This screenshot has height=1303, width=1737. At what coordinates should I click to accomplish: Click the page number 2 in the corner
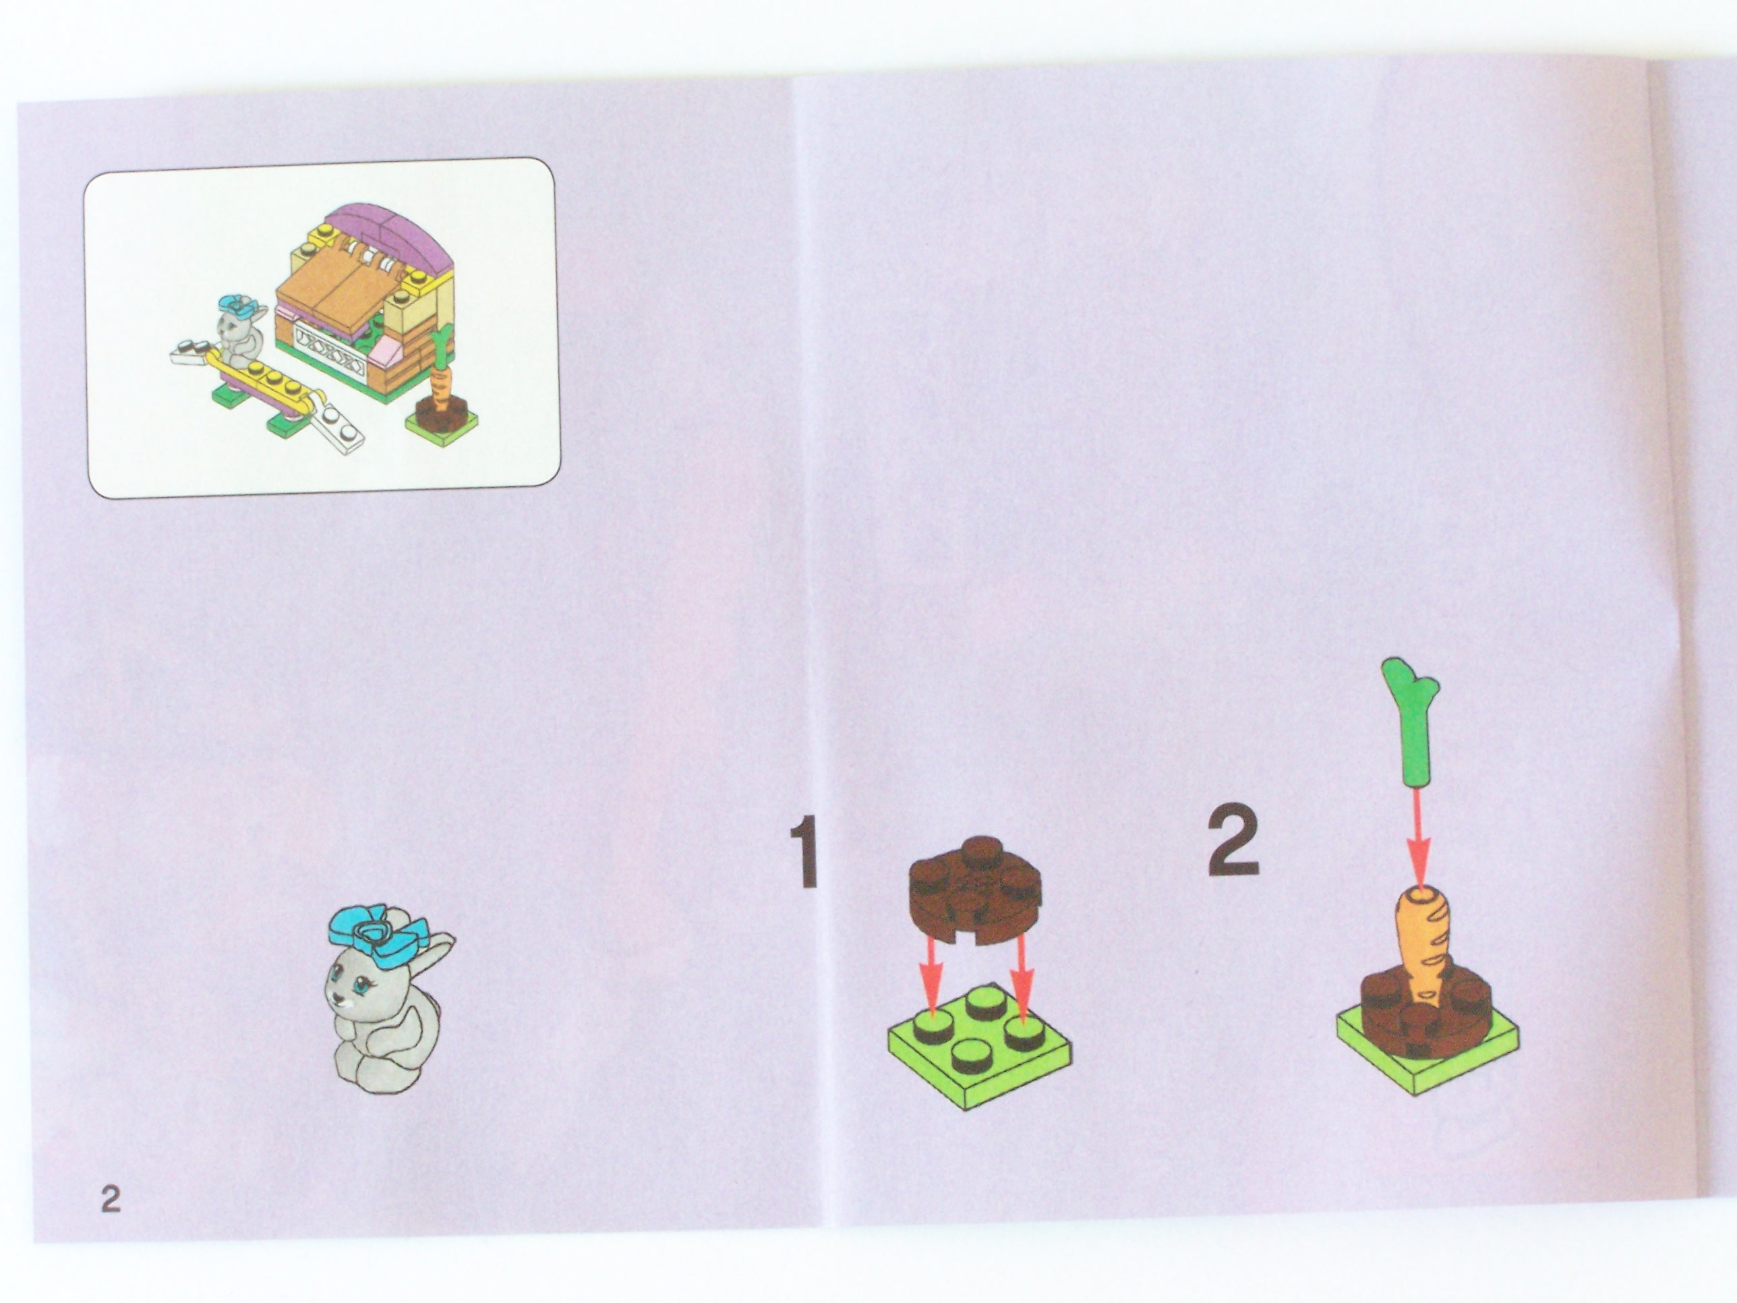[x=111, y=1198]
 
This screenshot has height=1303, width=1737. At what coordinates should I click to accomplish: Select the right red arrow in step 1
[x=1020, y=981]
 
